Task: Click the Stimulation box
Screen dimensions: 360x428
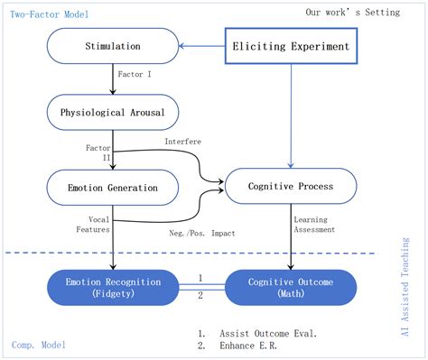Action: (112, 45)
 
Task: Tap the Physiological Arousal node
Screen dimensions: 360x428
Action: (112, 112)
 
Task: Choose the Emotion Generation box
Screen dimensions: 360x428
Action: (112, 188)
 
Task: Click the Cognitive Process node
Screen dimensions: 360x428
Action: (290, 187)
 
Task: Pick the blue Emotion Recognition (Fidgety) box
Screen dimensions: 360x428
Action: (112, 287)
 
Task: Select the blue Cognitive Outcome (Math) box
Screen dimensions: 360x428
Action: (290, 287)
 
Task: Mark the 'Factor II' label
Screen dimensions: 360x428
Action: (98, 150)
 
